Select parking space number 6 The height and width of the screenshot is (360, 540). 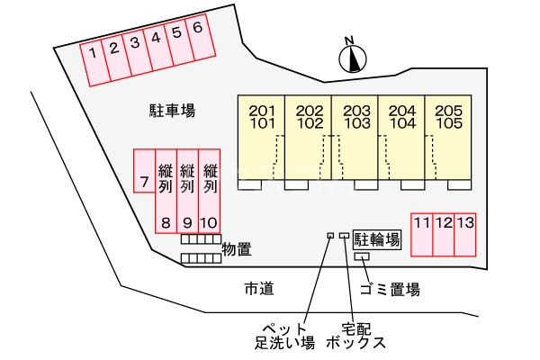coord(199,37)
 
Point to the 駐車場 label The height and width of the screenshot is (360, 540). coord(172,111)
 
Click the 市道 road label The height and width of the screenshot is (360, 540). coord(258,289)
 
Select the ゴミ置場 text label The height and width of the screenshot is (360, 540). coord(390,290)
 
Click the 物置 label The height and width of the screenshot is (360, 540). coord(236,249)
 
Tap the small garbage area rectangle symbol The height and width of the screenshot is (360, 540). coord(363,257)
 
